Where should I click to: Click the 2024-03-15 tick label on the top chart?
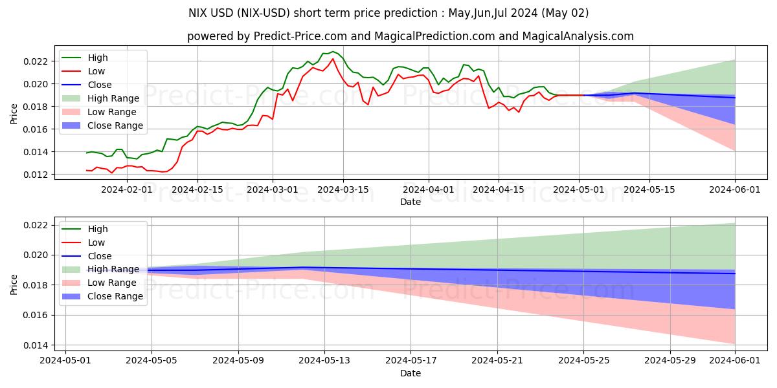[343, 189]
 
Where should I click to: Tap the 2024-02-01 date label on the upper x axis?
[127, 189]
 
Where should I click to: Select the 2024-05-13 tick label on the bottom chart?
[324, 360]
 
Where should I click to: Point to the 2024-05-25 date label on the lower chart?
[583, 360]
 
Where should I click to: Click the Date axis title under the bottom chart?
[411, 373]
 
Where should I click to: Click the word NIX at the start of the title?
[198, 13]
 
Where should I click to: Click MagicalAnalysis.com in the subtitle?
[581, 36]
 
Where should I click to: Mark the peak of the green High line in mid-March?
[333, 52]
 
